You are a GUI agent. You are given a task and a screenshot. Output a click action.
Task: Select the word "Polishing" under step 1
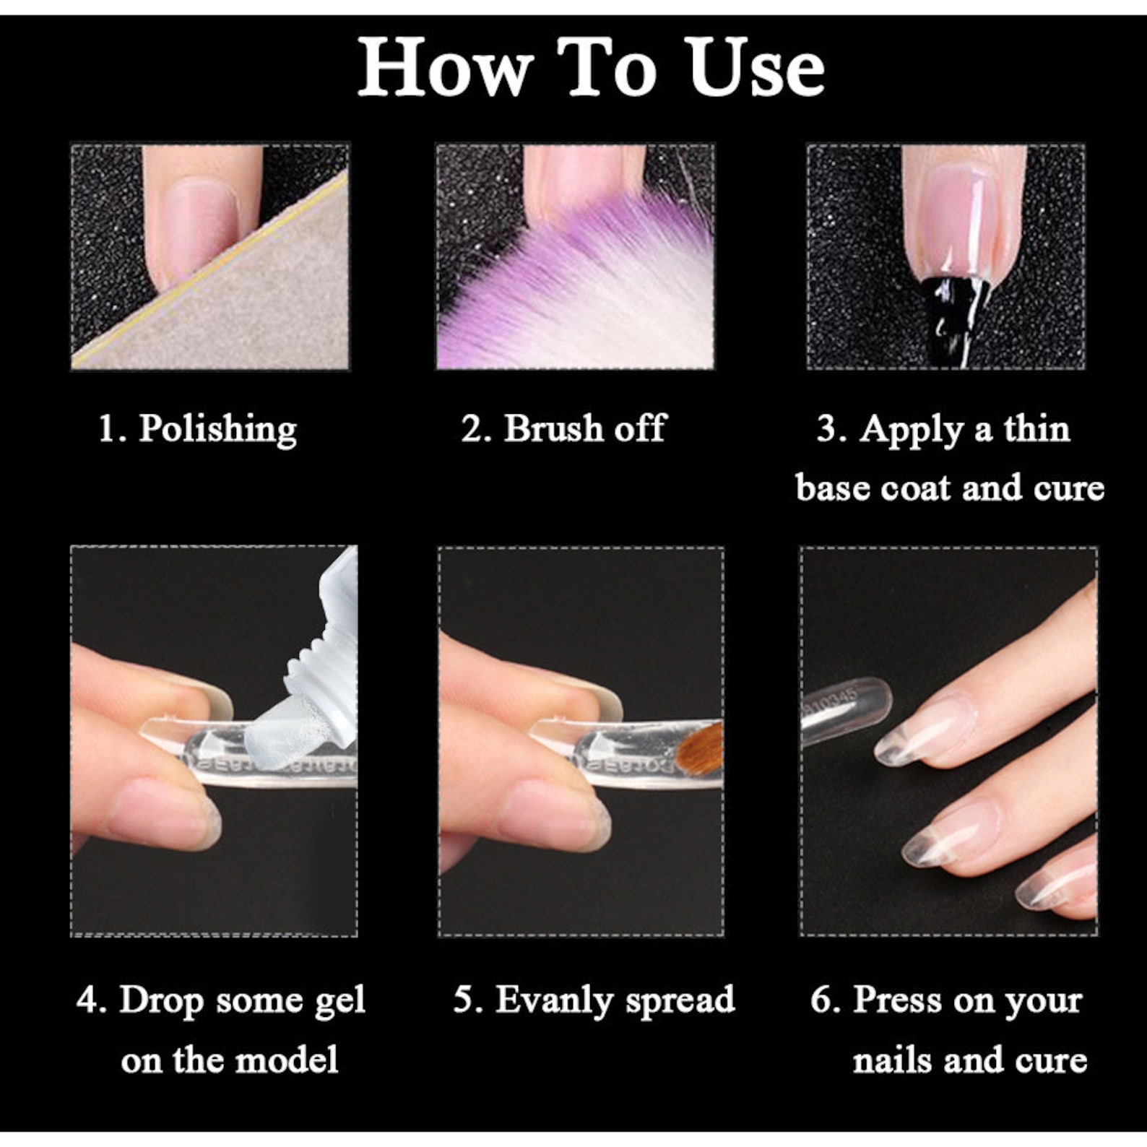pos(217,428)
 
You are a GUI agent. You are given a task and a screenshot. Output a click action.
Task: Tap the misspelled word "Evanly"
pos(553,1000)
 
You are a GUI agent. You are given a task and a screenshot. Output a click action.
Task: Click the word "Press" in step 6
pos(897,1000)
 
